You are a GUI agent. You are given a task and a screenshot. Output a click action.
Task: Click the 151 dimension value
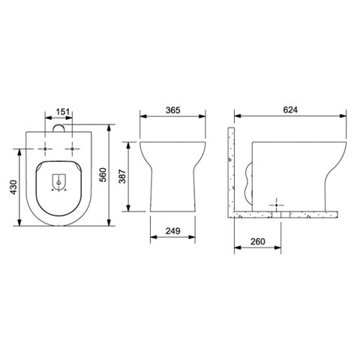pyautogui.click(x=63, y=112)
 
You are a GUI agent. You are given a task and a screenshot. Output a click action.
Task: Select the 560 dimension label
pyautogui.click(x=103, y=175)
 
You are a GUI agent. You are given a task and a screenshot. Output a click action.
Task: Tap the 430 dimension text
pyautogui.click(x=13, y=187)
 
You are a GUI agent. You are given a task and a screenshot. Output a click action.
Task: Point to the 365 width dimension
pyautogui.click(x=172, y=110)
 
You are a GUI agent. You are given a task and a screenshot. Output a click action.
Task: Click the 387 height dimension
pyautogui.click(x=122, y=176)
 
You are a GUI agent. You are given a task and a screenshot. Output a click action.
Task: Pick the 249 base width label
pyautogui.click(x=172, y=231)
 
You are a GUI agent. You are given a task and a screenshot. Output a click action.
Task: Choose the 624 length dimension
pyautogui.click(x=290, y=109)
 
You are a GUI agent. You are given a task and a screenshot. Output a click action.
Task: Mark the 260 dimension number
pyautogui.click(x=257, y=241)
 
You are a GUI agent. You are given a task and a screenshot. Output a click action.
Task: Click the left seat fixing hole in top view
pyautogui.click(x=45, y=148)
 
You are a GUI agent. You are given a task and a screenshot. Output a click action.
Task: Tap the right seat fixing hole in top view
pyautogui.click(x=72, y=148)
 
